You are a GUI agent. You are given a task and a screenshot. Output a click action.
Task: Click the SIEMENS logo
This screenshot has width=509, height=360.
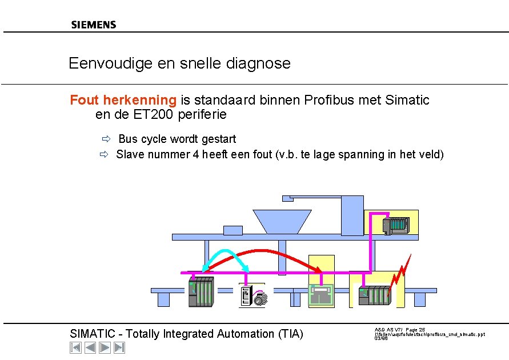pos(94,25)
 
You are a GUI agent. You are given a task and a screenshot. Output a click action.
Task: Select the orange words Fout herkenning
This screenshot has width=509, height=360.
pos(123,100)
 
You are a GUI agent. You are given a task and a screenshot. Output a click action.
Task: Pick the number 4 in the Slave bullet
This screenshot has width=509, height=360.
pos(196,154)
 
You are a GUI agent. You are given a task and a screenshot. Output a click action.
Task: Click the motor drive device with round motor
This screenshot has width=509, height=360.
pos(253,295)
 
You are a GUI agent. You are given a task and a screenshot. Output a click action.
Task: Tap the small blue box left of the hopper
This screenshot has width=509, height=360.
pos(233,230)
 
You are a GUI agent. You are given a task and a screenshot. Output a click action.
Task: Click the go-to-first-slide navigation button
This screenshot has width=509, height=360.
pos(75,347)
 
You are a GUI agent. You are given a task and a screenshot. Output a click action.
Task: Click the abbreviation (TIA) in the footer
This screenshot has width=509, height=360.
pos(290,334)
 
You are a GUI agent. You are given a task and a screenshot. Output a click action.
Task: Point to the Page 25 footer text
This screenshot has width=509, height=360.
pos(415,330)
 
